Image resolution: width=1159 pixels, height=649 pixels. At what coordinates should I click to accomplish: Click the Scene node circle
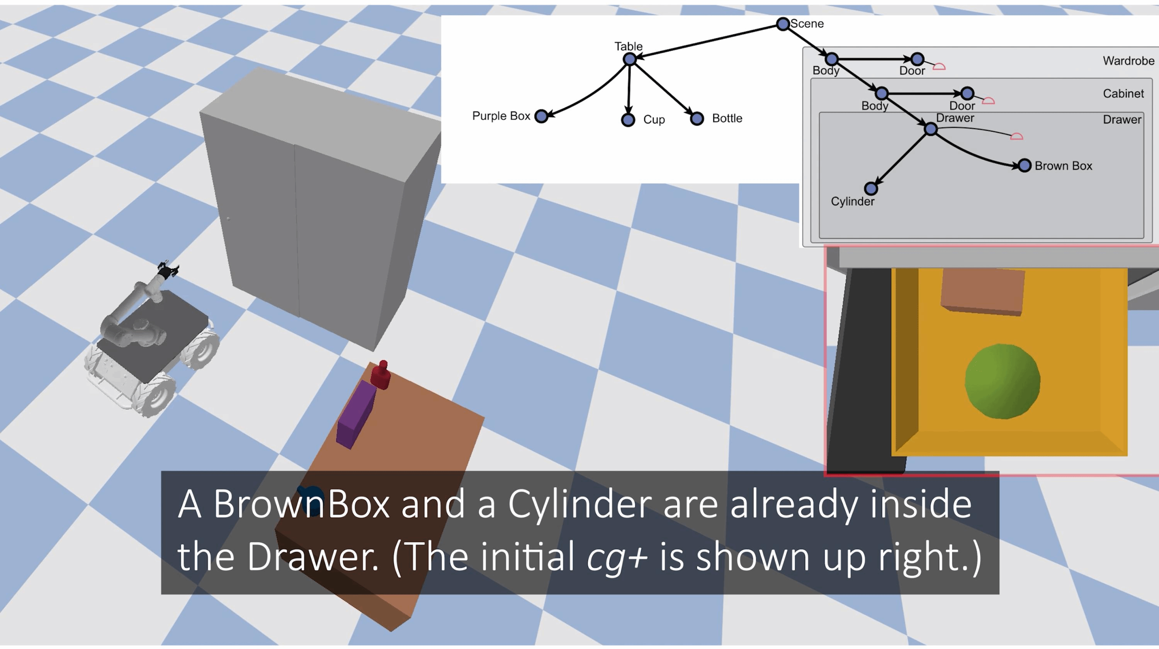(783, 24)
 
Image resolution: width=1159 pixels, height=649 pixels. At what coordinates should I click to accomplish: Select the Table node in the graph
(630, 59)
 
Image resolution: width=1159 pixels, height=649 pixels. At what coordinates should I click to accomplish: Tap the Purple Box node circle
(542, 116)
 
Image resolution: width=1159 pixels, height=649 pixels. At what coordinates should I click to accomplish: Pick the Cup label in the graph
(654, 120)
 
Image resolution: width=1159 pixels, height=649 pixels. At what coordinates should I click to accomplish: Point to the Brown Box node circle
(1025, 166)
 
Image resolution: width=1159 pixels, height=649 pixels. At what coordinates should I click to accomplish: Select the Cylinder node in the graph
(871, 188)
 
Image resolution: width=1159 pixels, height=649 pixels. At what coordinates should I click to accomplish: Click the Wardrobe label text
(1128, 61)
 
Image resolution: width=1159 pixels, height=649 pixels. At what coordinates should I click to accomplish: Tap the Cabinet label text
(1123, 93)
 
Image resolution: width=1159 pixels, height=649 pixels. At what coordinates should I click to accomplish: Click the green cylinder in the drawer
(1003, 381)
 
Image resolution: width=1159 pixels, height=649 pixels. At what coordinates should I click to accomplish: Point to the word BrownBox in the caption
(301, 504)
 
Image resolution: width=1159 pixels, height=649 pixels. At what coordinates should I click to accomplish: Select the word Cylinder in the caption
(580, 504)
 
